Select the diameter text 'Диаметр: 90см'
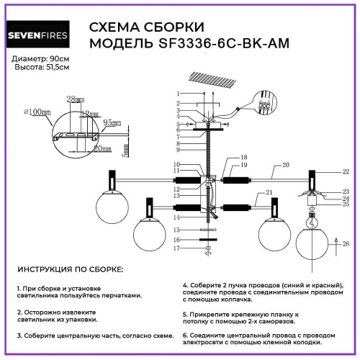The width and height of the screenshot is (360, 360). coord(42,58)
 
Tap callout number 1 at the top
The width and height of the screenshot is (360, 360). coord(177,94)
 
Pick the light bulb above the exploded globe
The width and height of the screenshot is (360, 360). coord(313,213)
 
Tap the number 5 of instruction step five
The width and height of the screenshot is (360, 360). coord(184,315)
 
